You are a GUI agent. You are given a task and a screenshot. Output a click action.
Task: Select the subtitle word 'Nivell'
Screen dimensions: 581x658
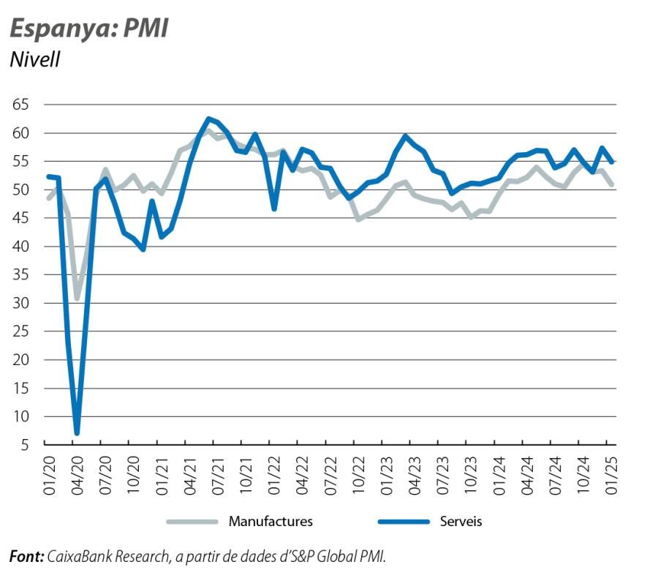click(x=34, y=59)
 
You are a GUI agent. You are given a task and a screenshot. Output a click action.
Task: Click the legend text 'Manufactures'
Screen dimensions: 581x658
click(x=271, y=522)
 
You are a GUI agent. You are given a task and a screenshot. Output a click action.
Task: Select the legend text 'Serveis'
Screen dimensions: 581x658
click(x=461, y=522)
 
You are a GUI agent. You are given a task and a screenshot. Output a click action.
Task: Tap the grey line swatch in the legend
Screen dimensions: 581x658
click(x=192, y=522)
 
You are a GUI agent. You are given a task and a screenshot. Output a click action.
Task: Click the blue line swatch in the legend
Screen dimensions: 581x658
click(x=403, y=522)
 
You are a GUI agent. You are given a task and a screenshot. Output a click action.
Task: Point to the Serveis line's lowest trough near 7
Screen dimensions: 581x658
click(x=77, y=433)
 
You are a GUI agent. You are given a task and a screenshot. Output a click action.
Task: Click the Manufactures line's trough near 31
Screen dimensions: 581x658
click(x=77, y=299)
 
